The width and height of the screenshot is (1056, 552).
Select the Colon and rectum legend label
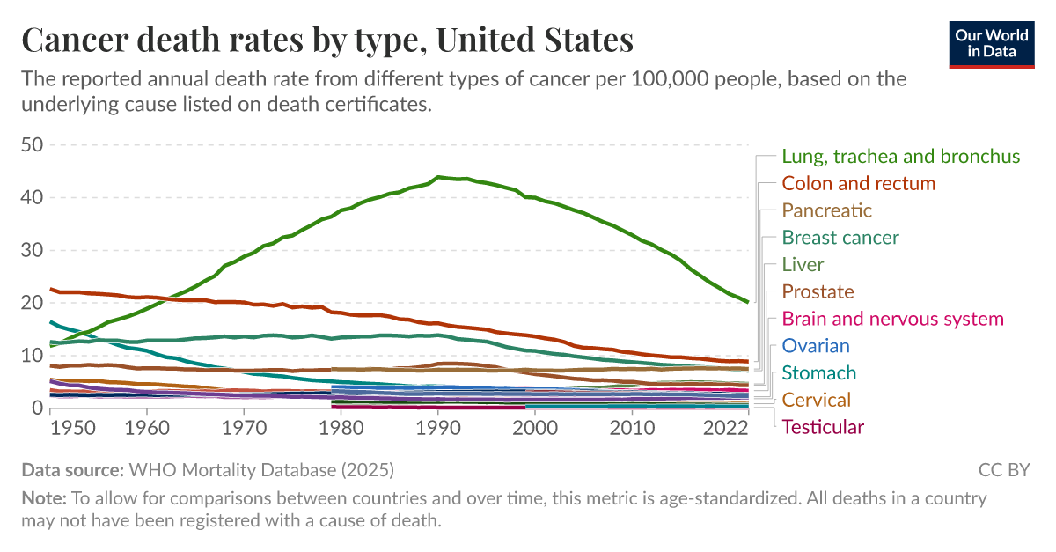coord(858,184)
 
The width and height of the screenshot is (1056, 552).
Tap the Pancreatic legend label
coord(826,210)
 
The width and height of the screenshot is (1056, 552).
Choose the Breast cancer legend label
coord(840,238)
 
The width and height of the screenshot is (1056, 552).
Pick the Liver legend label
coord(803,265)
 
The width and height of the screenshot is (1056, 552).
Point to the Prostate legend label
coord(818,291)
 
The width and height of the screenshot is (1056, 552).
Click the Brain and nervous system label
coord(892,319)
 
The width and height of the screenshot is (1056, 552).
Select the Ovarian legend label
coord(815,346)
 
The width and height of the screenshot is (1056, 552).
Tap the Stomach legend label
coord(818,373)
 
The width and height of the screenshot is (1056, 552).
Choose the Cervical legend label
coord(816,400)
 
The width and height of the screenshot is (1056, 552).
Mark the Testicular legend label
coord(823,427)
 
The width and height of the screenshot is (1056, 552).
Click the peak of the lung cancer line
coord(439,177)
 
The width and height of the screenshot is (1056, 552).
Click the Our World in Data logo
coord(992,42)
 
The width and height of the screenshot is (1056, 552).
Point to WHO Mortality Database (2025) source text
coord(261,469)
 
